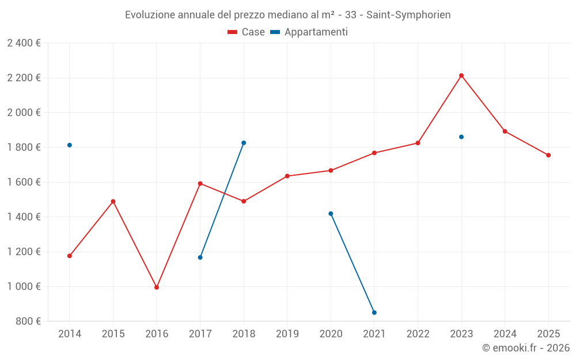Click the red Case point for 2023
click(461, 75)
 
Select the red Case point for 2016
click(157, 287)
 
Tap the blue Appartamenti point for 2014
click(70, 145)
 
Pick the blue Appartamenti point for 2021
click(374, 312)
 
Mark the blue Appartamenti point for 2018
click(244, 143)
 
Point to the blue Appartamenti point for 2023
click(461, 137)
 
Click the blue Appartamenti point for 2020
click(331, 214)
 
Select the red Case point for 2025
click(548, 155)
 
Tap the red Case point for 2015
click(113, 202)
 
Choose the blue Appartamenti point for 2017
click(200, 257)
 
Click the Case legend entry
click(247, 32)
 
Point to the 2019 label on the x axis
click(287, 334)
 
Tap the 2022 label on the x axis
click(418, 334)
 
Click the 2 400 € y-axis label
click(24, 43)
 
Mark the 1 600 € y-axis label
click(24, 182)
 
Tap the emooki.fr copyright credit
click(526, 348)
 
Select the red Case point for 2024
click(505, 131)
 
